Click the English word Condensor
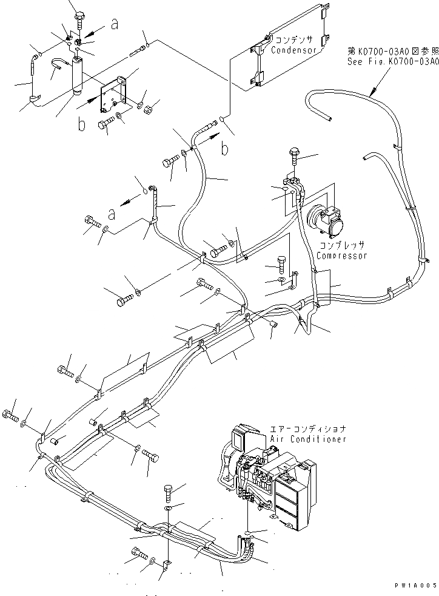point(294,50)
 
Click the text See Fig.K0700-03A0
point(392,62)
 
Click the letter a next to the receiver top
point(113,24)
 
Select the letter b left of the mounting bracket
point(81,126)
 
